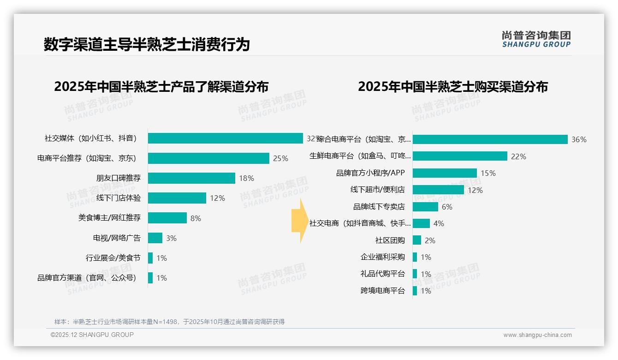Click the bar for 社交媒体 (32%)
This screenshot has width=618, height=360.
click(225, 138)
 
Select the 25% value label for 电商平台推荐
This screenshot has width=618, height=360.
click(280, 158)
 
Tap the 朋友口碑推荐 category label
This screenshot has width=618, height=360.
click(119, 178)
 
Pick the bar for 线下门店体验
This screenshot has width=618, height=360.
click(177, 198)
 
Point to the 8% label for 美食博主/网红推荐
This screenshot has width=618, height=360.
click(196, 218)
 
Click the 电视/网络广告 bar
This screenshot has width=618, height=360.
click(155, 238)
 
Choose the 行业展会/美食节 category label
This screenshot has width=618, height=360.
click(113, 258)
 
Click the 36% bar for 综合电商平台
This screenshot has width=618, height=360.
click(490, 139)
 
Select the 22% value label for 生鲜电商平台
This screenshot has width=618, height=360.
click(518, 156)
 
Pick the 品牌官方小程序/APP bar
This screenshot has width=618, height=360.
click(445, 173)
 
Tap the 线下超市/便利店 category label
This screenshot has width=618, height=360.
click(377, 190)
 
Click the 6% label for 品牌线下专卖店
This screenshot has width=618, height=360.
click(447, 207)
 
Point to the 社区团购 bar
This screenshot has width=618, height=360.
click(417, 240)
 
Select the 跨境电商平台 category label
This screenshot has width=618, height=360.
click(382, 291)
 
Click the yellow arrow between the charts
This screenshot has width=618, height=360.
click(300, 221)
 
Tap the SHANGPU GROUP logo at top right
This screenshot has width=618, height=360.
click(536, 39)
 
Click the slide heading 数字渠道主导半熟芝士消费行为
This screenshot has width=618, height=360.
click(147, 44)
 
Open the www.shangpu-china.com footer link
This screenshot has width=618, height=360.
click(537, 335)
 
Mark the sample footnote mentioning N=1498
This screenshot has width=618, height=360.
click(169, 322)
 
